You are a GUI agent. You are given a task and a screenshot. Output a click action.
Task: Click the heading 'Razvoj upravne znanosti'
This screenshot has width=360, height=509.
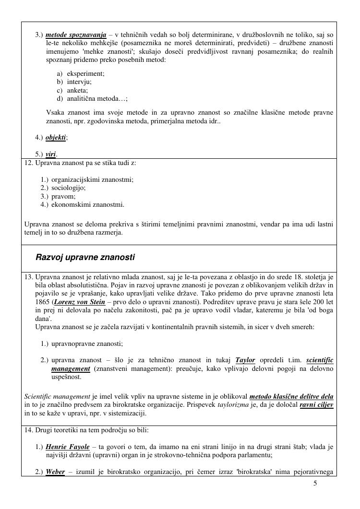pos(85,258)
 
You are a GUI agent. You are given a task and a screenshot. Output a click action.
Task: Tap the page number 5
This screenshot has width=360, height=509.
pos(315,483)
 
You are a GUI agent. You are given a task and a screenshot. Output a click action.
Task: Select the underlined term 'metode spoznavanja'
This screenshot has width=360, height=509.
pos(76,36)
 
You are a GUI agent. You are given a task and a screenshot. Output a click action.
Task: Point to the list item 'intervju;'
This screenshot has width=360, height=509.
pos(79,82)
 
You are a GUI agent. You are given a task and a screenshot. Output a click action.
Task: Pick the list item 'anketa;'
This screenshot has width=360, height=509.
pos(78,90)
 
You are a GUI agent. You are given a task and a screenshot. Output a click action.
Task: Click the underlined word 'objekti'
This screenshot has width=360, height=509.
pos(56,138)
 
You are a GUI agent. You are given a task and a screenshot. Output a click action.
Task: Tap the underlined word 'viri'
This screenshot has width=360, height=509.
pos(51,154)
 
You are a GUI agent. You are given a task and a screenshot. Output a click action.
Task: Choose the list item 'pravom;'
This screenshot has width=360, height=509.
pos(63,196)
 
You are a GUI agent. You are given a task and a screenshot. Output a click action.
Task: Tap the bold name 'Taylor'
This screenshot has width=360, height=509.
pos(245,360)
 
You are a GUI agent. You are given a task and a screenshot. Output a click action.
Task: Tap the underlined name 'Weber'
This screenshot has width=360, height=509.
pos(55,472)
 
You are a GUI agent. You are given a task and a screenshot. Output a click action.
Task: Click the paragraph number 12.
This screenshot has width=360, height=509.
pos(28,163)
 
